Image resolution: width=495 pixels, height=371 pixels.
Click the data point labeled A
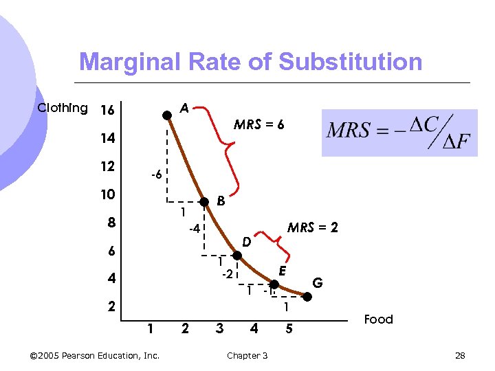(166, 115)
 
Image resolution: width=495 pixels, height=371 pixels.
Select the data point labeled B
(203, 202)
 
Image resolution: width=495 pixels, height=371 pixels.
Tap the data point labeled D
(237, 256)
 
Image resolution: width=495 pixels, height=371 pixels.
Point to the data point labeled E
(274, 284)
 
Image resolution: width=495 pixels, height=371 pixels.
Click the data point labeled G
(307, 297)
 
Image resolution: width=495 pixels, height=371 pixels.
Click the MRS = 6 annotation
(258, 125)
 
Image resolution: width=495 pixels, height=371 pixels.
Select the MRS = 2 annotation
(312, 227)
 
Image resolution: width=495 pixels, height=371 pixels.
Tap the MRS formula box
(399, 132)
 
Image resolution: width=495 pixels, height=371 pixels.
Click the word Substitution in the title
(350, 62)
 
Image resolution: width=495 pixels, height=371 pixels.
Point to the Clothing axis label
(63, 108)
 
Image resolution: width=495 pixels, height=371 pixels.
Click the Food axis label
(378, 319)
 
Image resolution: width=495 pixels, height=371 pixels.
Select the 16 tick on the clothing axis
(107, 111)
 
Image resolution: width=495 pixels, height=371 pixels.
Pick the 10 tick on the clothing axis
(107, 194)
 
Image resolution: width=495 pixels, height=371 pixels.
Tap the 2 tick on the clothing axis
(111, 306)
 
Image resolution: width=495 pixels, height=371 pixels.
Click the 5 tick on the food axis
(289, 329)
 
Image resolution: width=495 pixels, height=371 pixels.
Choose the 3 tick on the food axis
(219, 329)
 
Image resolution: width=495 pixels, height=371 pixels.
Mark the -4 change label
(195, 228)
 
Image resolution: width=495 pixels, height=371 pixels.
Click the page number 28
(460, 355)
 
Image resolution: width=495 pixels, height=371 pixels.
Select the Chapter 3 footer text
(247, 355)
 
